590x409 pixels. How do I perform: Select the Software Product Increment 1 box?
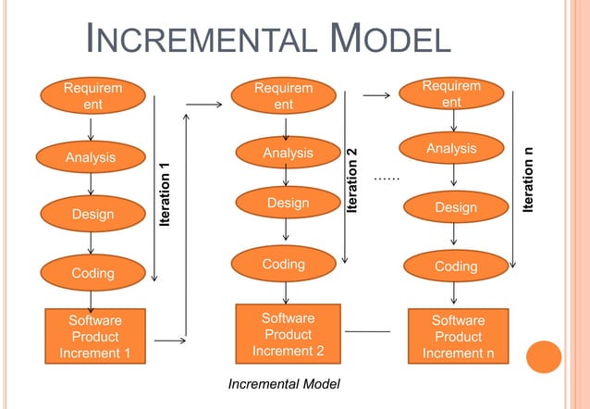pos(94,336)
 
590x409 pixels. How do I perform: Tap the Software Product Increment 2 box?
pos(288,334)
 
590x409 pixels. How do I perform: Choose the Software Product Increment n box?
pos(458,336)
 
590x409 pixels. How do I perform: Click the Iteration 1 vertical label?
pos(166,192)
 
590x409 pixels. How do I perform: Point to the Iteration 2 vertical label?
pos(351,180)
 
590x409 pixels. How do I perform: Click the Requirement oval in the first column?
pos(91,96)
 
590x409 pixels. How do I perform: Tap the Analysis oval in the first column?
pos(91,157)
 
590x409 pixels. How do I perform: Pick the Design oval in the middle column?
pos(288,203)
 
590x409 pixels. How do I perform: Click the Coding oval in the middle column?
pos(284,265)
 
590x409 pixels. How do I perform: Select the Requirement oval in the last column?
pos(451,94)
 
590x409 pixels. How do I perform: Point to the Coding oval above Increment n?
pos(456,266)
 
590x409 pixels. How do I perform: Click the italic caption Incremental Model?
pos(284,383)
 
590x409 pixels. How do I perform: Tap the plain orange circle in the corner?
pos(545,357)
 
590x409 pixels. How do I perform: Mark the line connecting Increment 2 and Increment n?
pos(367,330)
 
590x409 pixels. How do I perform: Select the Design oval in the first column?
pos(92,214)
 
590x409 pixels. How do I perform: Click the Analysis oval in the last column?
pos(452,149)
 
